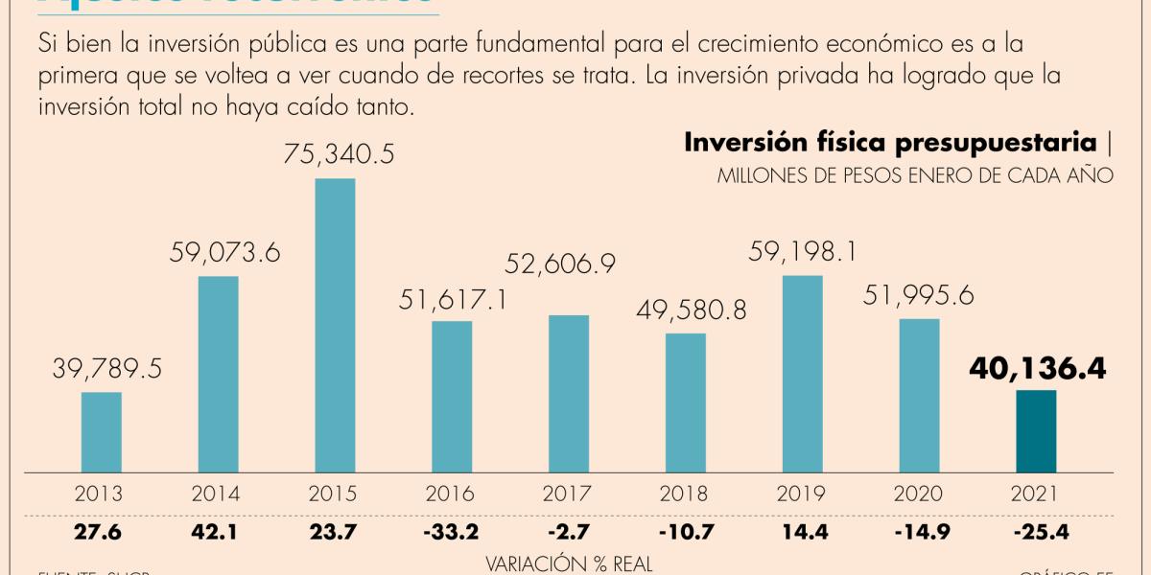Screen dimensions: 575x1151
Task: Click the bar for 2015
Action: tap(335, 326)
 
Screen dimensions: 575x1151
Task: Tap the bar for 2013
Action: tap(101, 432)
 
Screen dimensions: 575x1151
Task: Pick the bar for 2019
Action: tap(803, 374)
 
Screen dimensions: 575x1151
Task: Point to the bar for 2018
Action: tap(686, 402)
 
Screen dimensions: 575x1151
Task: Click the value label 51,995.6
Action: tap(919, 296)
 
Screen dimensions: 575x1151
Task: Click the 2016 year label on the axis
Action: tap(452, 494)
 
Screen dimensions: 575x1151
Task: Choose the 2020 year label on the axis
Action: tap(919, 494)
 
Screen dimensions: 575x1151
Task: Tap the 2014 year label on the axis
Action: tap(218, 494)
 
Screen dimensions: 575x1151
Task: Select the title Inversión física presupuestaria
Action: tap(889, 144)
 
